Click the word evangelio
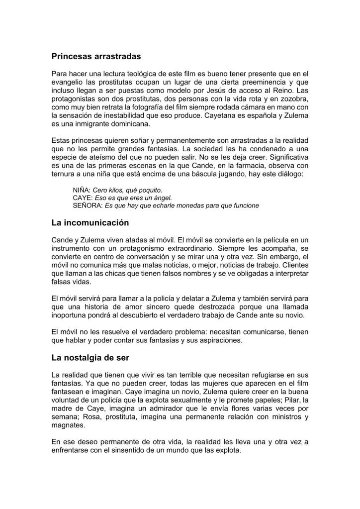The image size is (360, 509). pos(69,83)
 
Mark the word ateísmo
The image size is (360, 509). pos(100,167)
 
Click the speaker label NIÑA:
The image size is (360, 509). pos(82,190)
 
